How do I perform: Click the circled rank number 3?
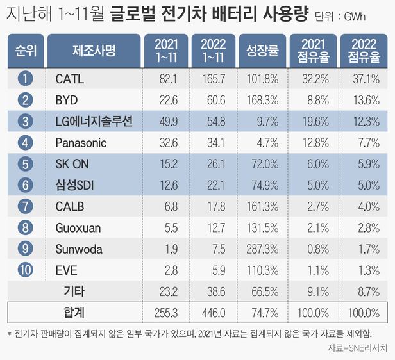click(x=25, y=122)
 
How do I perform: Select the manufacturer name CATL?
click(x=70, y=79)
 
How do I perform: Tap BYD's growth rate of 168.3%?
click(x=261, y=101)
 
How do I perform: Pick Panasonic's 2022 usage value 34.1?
click(x=212, y=143)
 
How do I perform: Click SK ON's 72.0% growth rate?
click(x=261, y=164)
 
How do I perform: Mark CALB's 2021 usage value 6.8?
click(x=166, y=206)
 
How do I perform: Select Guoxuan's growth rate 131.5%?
click(x=261, y=227)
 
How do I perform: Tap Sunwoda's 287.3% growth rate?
click(x=261, y=249)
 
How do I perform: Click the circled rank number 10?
click(x=25, y=270)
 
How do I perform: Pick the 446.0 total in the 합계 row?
click(x=212, y=313)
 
